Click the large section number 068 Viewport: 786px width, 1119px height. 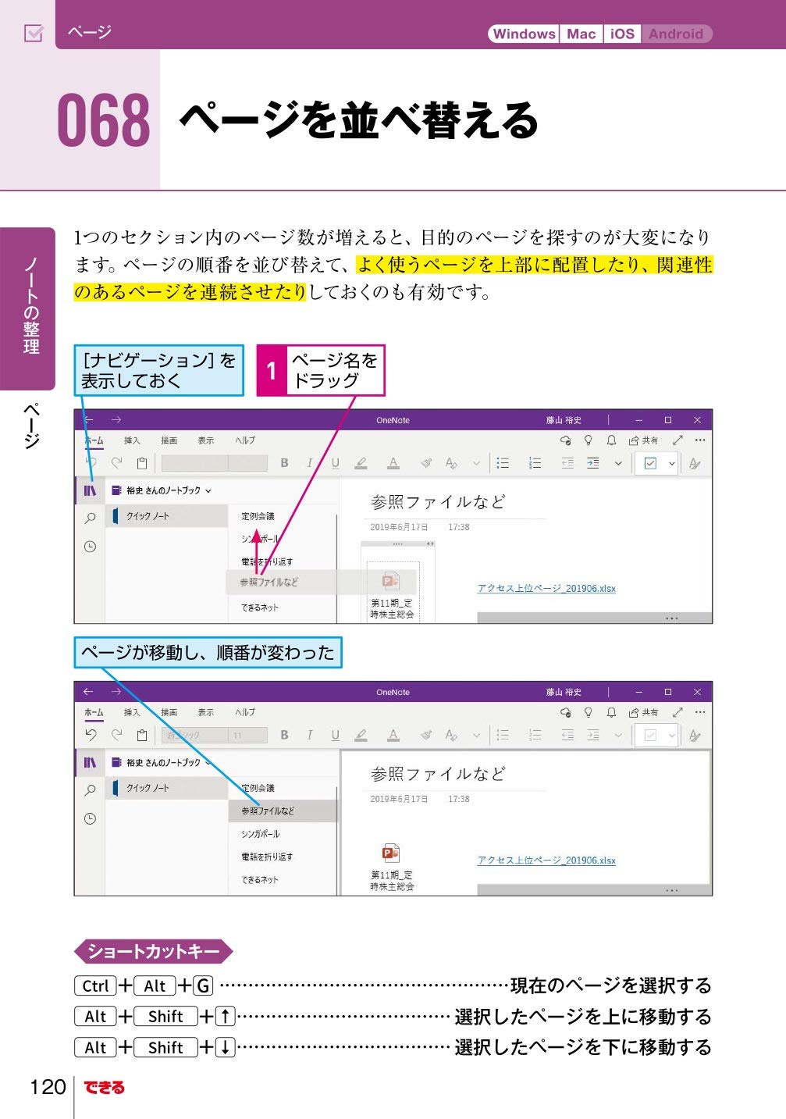(x=104, y=121)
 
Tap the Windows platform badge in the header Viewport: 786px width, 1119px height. (x=524, y=34)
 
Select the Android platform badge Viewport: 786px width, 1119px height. (x=676, y=34)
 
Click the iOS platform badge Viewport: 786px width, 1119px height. (x=622, y=34)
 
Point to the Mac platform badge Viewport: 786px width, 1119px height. (x=581, y=34)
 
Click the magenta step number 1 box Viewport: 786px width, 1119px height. (x=272, y=370)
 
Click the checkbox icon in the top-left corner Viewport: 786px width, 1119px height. (x=34, y=34)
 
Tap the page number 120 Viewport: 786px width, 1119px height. (x=48, y=1086)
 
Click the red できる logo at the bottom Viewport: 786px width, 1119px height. (x=105, y=1087)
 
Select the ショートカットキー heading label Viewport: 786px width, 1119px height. (x=153, y=951)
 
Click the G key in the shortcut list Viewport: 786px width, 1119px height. (x=203, y=985)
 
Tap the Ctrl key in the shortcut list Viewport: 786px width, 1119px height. (x=95, y=985)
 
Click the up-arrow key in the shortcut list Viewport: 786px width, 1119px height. (x=225, y=1016)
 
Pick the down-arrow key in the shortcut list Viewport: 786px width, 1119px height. (x=225, y=1047)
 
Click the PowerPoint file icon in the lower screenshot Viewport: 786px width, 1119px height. (x=390, y=852)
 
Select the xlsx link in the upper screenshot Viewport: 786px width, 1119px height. (x=546, y=588)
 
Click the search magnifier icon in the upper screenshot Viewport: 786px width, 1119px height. (x=90, y=518)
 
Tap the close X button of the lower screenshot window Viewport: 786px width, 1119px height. (x=697, y=692)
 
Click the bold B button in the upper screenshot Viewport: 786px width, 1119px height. (x=284, y=463)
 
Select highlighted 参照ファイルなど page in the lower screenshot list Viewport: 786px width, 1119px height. (x=268, y=811)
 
